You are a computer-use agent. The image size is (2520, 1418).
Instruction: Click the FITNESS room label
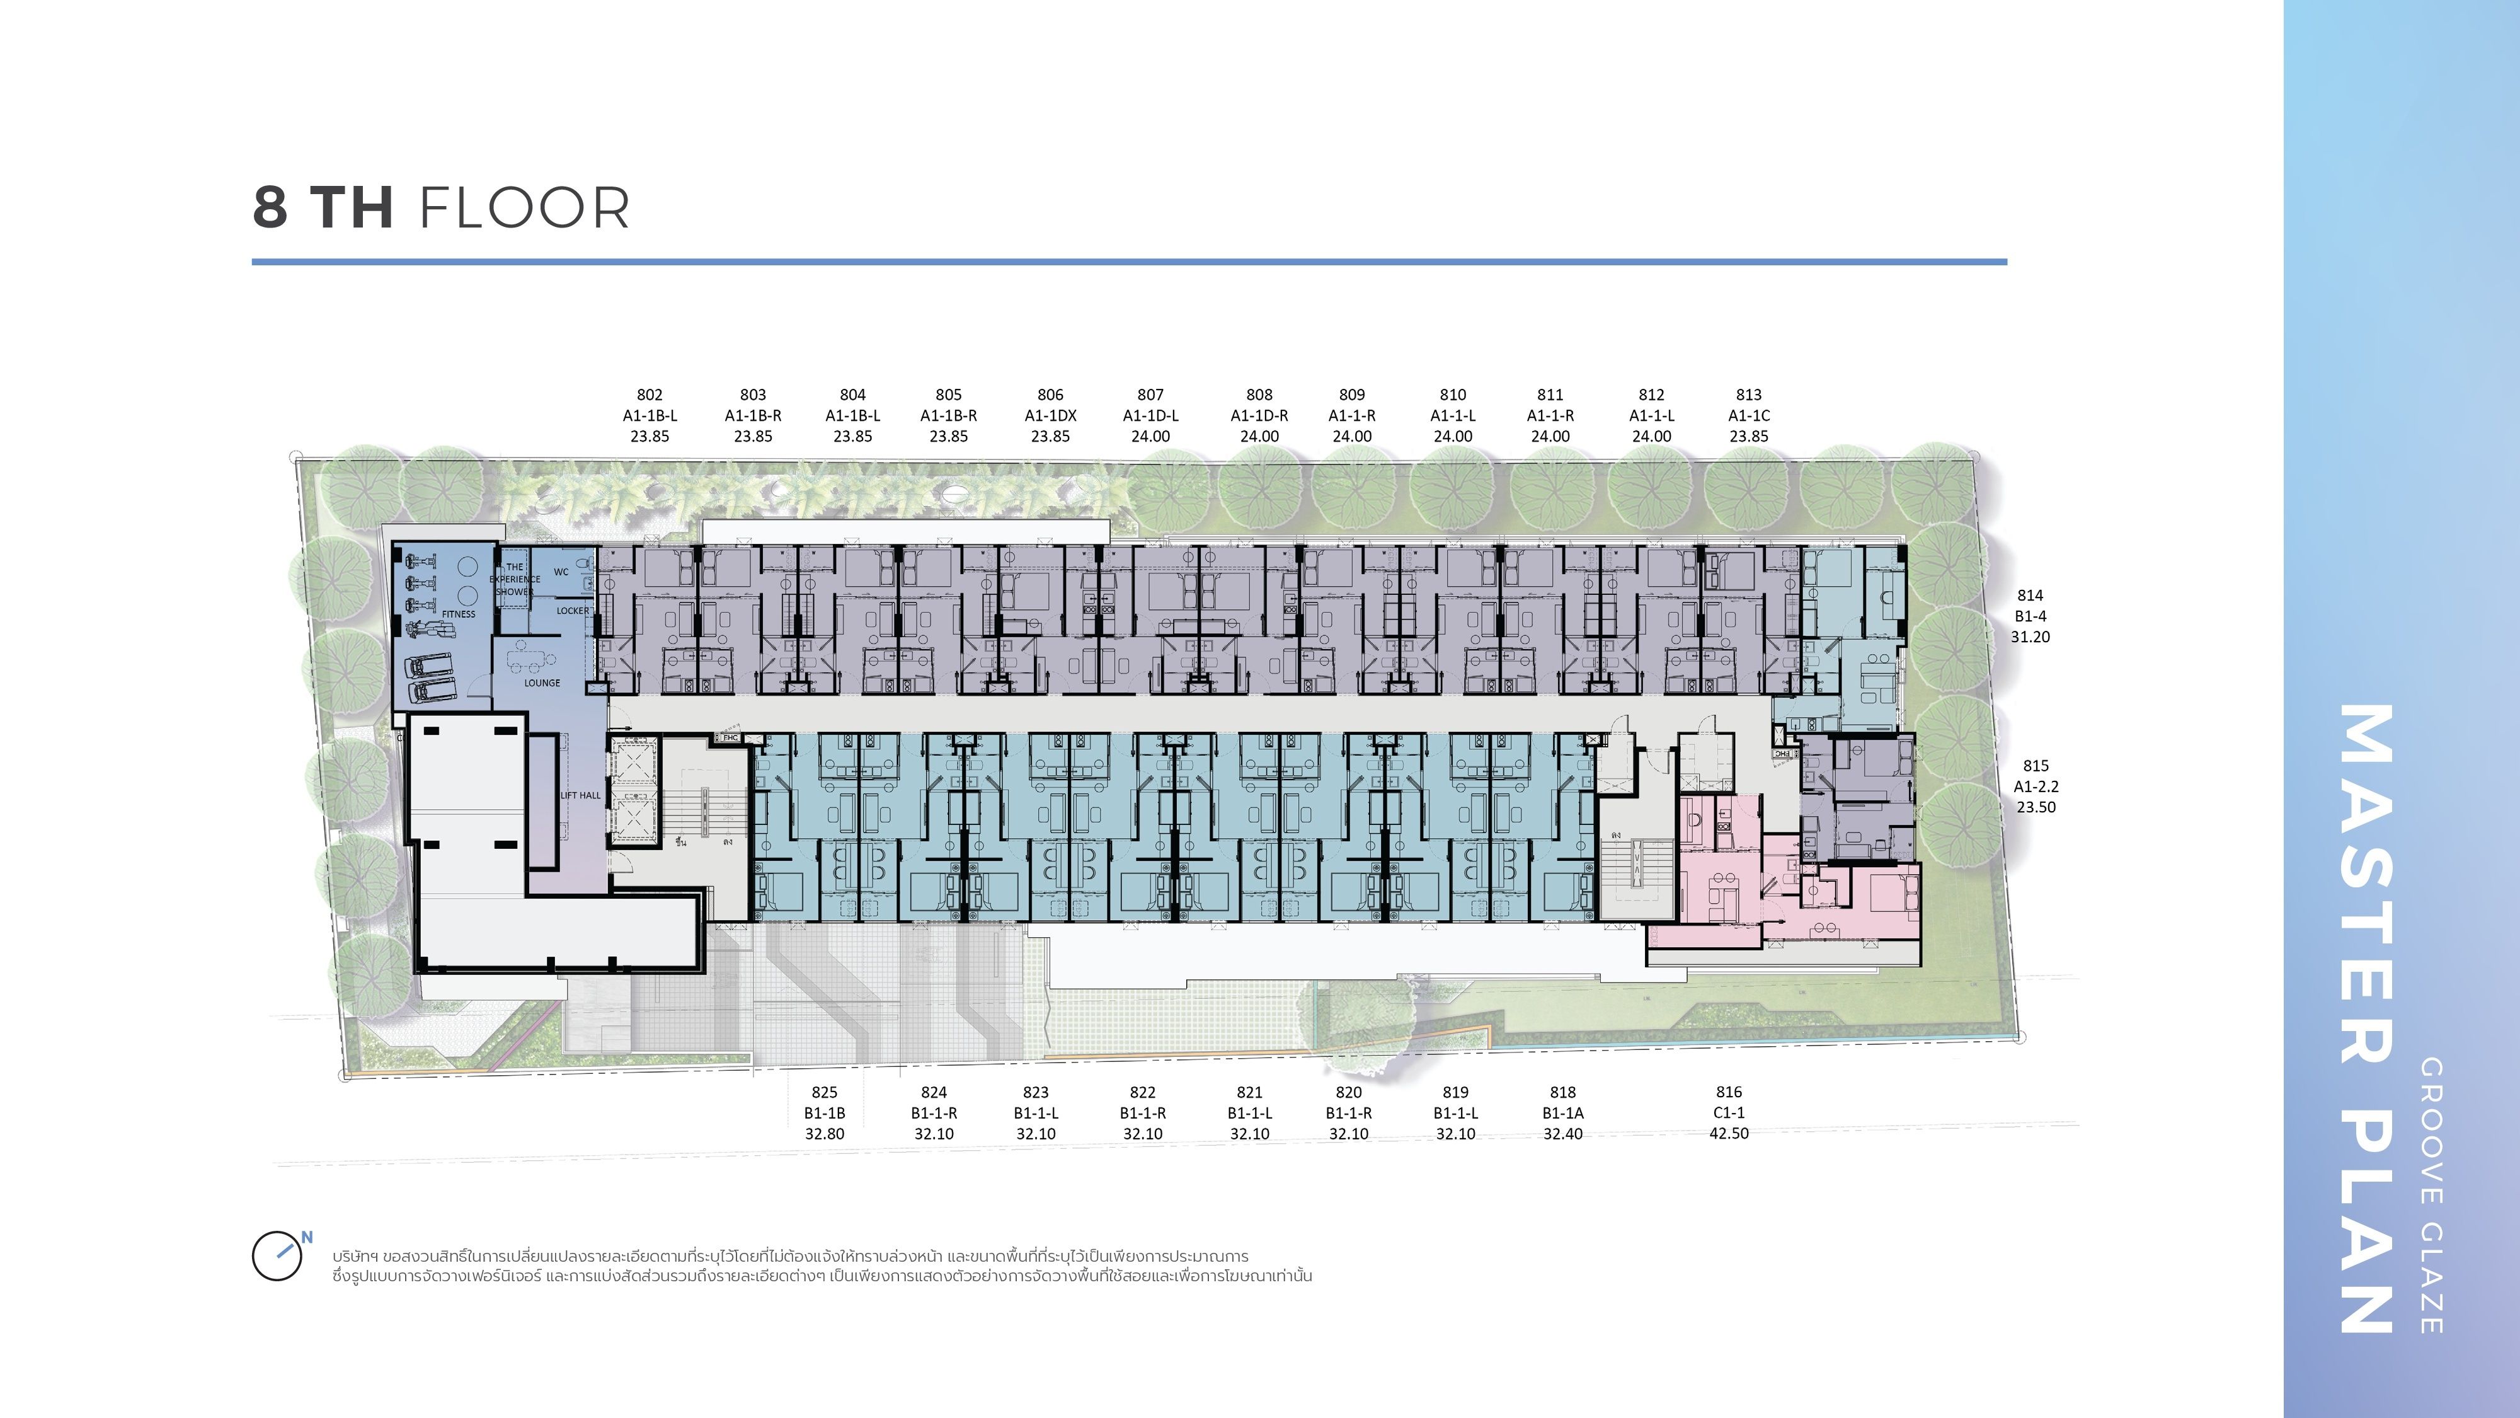pos(459,614)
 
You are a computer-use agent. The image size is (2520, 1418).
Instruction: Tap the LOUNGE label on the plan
pos(542,683)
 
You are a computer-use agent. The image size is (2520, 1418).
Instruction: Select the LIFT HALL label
pos(581,795)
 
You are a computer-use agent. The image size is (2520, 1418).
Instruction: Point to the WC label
pos(561,572)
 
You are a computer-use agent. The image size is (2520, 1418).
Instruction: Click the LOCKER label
pos(573,611)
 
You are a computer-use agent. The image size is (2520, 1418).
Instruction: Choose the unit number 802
pos(650,395)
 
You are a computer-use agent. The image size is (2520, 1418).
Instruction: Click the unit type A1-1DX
pos(1051,416)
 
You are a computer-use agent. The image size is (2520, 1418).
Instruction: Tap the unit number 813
pos(1749,395)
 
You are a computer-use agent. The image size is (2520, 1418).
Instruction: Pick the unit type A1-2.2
pos(2036,787)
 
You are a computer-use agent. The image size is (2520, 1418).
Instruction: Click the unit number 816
pos(1729,1092)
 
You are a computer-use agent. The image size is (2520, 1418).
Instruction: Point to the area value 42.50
pos(1729,1133)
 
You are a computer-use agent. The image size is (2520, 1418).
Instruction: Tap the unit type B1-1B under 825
pos(825,1114)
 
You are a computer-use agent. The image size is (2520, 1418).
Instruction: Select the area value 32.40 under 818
pos(1563,1134)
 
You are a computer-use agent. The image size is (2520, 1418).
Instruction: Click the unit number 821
pos(1249,1092)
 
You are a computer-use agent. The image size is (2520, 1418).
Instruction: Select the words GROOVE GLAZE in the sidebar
pos(2432,1196)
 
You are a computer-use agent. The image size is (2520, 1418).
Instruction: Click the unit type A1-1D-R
pos(1259,416)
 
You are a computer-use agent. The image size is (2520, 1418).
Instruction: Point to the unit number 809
pos(1352,395)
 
